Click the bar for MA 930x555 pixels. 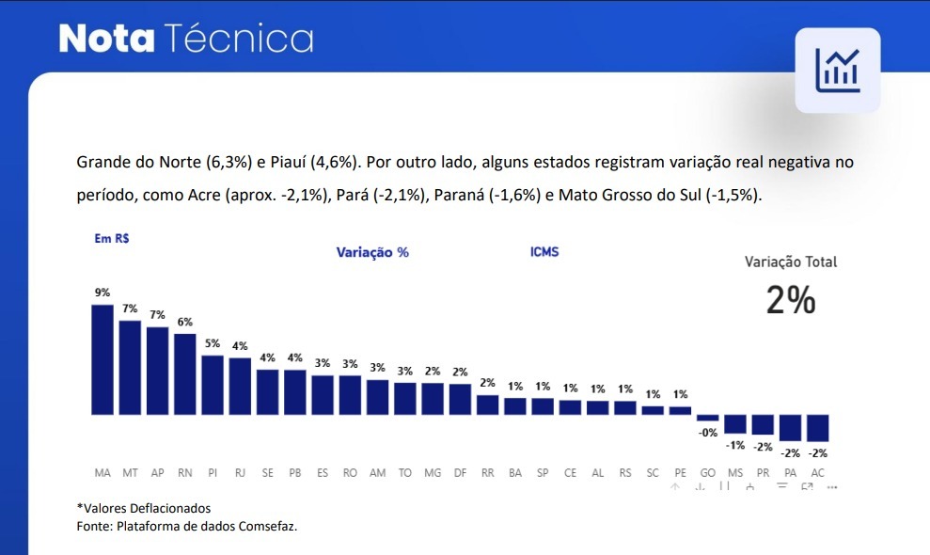point(102,359)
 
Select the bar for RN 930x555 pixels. point(184,374)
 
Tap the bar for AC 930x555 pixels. point(818,428)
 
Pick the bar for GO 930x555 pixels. point(708,418)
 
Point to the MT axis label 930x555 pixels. point(130,472)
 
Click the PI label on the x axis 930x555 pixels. point(213,472)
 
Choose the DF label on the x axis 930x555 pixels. point(460,472)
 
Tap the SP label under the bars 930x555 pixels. point(543,472)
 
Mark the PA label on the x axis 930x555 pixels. point(790,472)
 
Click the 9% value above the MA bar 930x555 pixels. point(102,293)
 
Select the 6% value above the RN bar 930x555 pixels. point(184,322)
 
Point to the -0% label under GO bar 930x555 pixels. point(707,433)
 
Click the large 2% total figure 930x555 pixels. point(790,300)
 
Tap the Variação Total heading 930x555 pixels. point(790,262)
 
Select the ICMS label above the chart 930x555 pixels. point(544,252)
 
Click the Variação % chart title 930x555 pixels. point(372,253)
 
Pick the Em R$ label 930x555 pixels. point(112,239)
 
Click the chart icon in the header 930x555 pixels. point(837,71)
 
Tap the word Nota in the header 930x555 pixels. point(106,39)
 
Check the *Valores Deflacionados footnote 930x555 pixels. point(144,509)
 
